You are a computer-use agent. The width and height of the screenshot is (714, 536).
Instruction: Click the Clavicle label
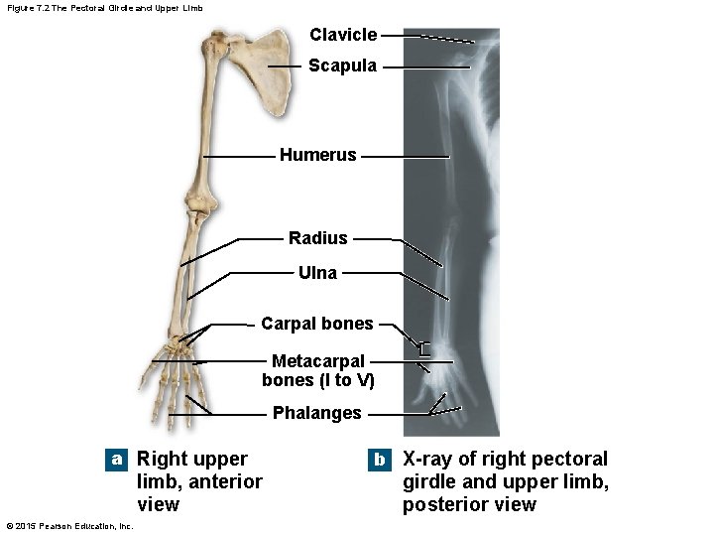343,35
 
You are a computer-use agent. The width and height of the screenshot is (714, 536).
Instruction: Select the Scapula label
342,66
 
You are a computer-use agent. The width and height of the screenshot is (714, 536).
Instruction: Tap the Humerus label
317,155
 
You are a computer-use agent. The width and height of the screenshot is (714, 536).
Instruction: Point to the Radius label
318,238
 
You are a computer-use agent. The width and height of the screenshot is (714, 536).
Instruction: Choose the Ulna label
317,272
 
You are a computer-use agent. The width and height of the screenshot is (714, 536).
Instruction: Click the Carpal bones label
317,324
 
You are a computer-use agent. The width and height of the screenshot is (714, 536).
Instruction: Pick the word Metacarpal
317,361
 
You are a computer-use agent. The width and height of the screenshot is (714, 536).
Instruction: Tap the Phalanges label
317,413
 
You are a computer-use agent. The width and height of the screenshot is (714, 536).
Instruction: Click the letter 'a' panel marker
117,460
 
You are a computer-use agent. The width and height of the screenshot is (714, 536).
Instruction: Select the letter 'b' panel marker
379,460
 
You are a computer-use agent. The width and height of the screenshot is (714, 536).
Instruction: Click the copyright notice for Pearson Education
69,526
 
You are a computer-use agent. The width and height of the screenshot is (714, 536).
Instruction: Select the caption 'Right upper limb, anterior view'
198,481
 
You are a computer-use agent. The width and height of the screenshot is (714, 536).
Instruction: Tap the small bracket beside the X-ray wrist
424,349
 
